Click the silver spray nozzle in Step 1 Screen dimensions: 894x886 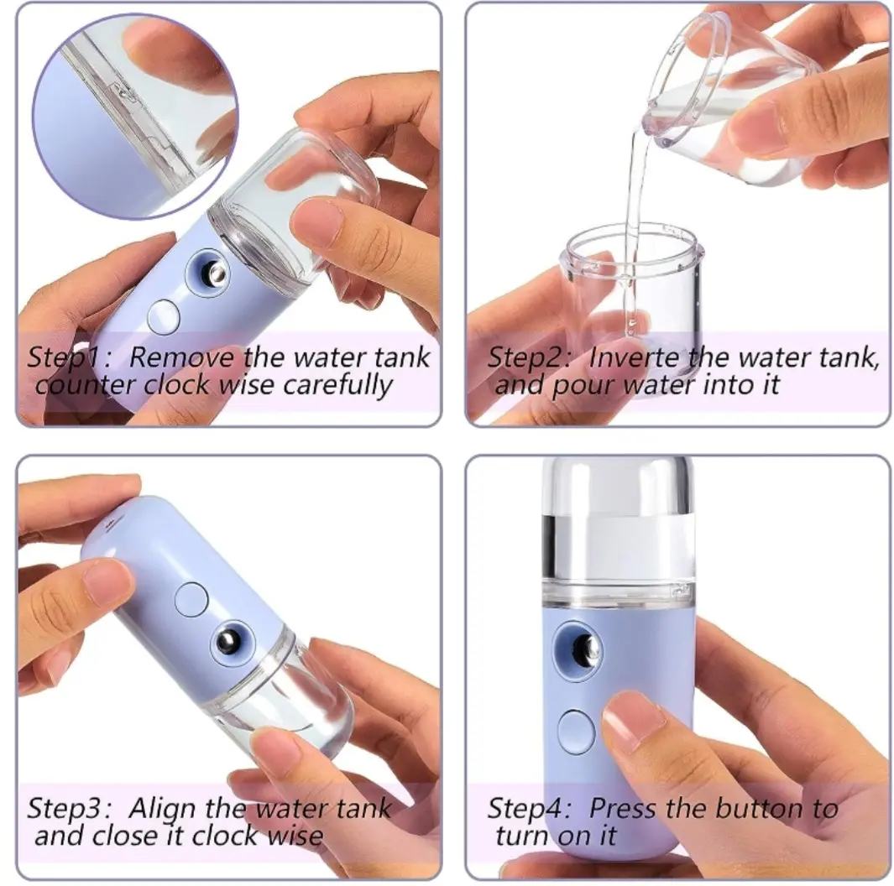click(216, 274)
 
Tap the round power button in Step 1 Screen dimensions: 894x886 click(164, 316)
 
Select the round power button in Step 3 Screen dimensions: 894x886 click(191, 599)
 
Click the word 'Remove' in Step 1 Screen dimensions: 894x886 click(181, 357)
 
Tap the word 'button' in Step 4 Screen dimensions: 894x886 click(758, 808)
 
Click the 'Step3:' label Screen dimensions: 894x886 click(69, 809)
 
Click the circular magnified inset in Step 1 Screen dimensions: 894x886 click(135, 117)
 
